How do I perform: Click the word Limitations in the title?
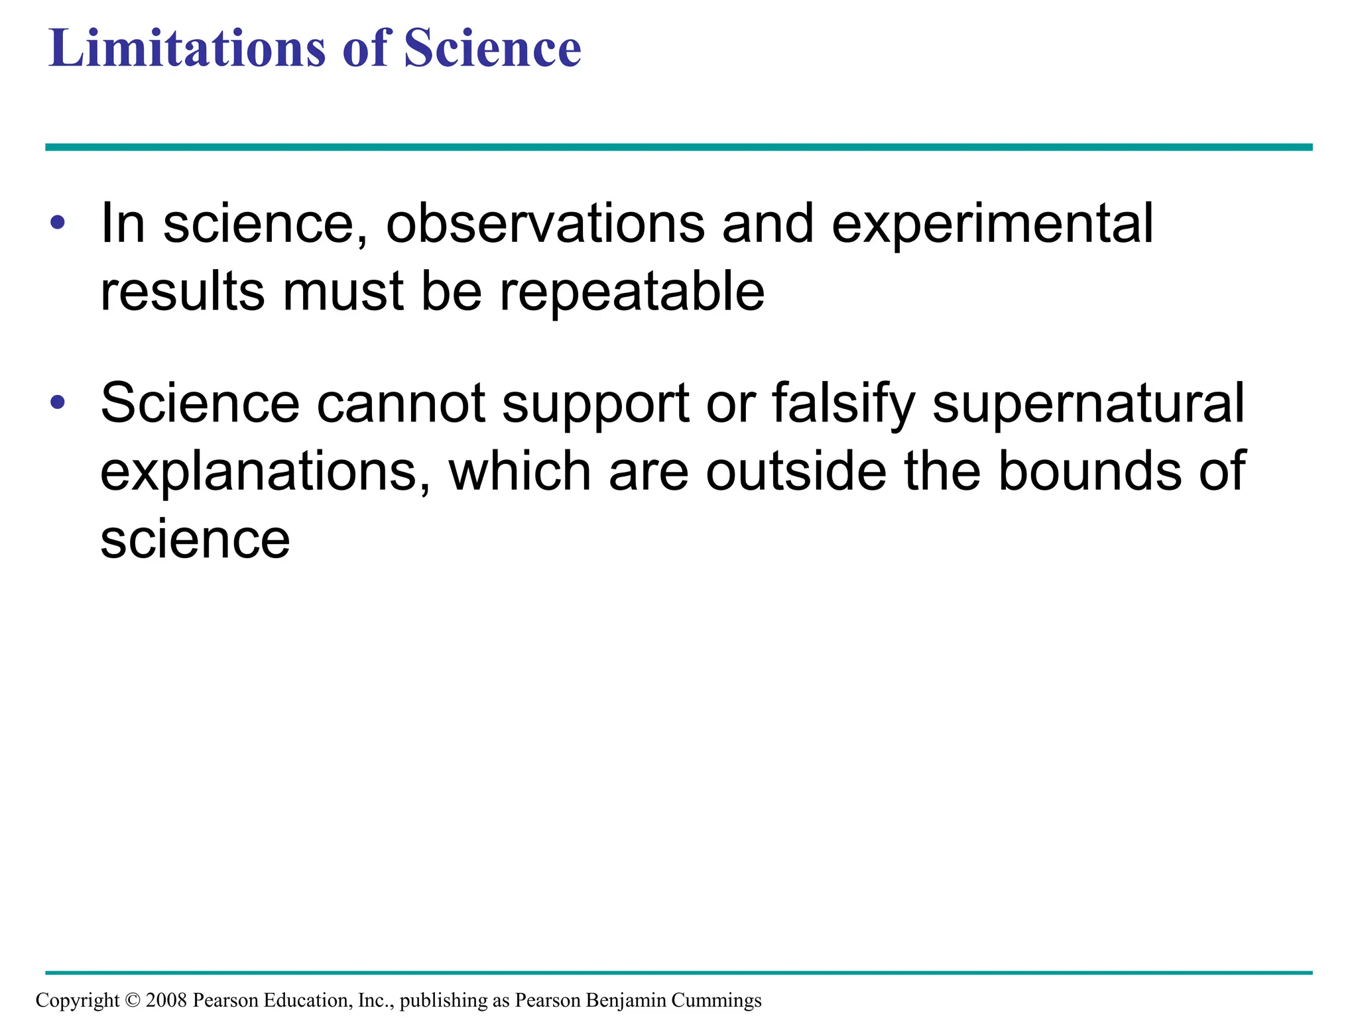click(x=188, y=48)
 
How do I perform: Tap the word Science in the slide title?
click(x=492, y=48)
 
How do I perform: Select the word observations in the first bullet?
click(x=545, y=223)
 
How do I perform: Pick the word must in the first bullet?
click(x=343, y=292)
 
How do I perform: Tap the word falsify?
click(x=843, y=404)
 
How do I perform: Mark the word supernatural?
click(x=1088, y=404)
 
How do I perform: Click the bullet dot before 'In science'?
click(x=58, y=223)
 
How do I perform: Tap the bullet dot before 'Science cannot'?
click(x=58, y=402)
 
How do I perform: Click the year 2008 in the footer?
click(x=166, y=1000)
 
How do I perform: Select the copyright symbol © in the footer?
click(x=133, y=1000)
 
